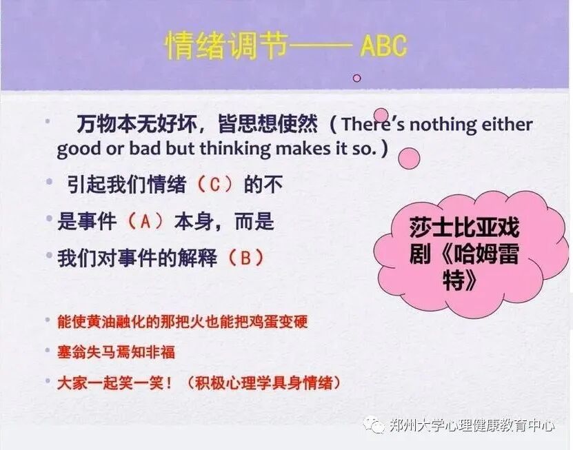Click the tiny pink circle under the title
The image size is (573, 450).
(x=356, y=78)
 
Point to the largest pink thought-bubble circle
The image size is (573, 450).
(x=410, y=158)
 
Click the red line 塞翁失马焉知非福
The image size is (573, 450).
(x=116, y=352)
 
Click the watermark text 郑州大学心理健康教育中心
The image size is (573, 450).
(x=472, y=426)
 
